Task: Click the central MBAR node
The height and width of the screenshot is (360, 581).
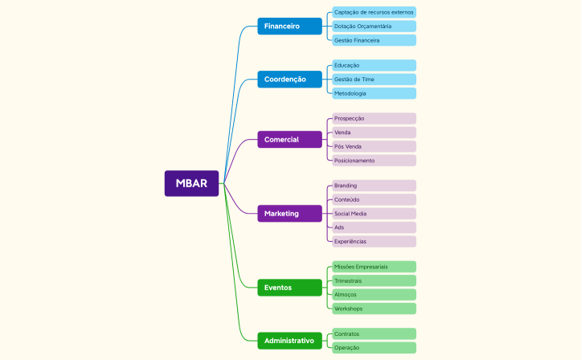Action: (191, 183)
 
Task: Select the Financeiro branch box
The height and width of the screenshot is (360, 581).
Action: (289, 27)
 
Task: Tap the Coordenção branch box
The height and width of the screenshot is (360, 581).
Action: (289, 79)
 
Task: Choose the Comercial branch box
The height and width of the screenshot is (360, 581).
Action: (289, 140)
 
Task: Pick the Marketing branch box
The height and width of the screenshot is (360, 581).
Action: (289, 214)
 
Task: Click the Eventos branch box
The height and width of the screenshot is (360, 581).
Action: (289, 288)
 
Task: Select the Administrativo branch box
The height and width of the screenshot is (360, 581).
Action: (289, 341)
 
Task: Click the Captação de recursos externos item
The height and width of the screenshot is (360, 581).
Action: (374, 12)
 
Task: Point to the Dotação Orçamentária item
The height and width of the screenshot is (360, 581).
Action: (374, 27)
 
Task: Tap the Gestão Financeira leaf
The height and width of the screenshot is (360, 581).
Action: (374, 40)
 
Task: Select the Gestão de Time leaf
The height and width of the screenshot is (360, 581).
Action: (374, 80)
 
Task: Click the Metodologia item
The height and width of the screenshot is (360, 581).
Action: (374, 93)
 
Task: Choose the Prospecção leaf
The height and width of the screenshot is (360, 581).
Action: (374, 118)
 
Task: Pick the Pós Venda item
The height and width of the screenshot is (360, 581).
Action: (374, 146)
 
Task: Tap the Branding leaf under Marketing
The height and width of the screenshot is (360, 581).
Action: (374, 186)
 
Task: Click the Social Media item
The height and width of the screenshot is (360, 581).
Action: (374, 214)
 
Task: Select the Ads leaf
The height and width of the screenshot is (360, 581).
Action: (374, 227)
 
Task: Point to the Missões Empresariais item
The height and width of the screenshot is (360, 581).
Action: (374, 266)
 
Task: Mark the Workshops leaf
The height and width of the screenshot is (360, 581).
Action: (374, 309)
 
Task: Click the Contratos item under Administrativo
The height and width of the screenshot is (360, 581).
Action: (374, 333)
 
